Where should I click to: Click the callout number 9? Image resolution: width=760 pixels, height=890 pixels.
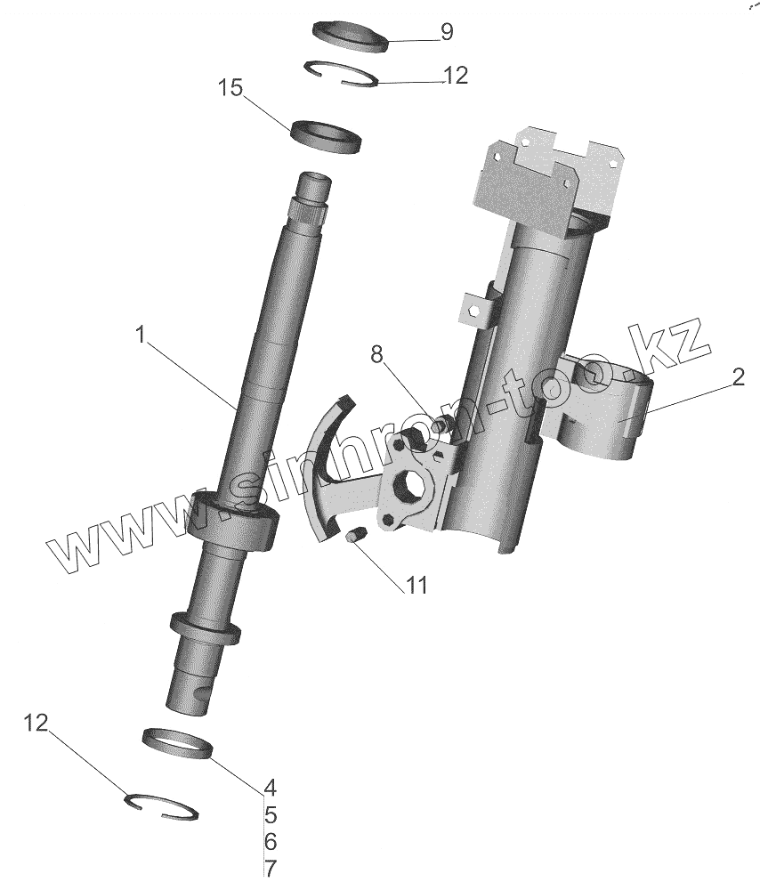[x=446, y=33]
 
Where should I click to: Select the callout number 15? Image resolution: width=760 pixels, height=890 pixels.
[x=230, y=89]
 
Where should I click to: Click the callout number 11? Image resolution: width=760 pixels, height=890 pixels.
[x=417, y=586]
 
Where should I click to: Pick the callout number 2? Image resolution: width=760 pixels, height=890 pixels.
[x=738, y=378]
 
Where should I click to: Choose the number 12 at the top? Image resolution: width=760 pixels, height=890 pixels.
[x=455, y=76]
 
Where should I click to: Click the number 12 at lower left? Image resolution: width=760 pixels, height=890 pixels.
[x=35, y=723]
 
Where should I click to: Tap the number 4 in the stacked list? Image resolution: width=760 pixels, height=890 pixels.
[x=271, y=788]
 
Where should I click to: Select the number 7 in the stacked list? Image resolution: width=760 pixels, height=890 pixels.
[x=271, y=868]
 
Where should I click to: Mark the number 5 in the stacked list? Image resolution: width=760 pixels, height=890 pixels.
[x=271, y=814]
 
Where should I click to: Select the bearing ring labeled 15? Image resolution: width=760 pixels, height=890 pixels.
[x=327, y=135]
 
